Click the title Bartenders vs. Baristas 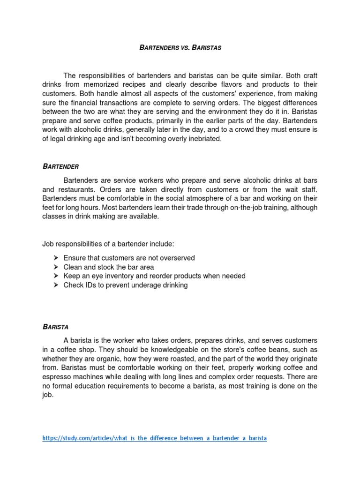[180, 47]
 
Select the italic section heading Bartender [61, 166]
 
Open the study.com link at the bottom [154, 438]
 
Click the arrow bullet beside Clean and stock [55, 267]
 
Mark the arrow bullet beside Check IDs [55, 285]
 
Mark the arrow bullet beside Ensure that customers [55, 258]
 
